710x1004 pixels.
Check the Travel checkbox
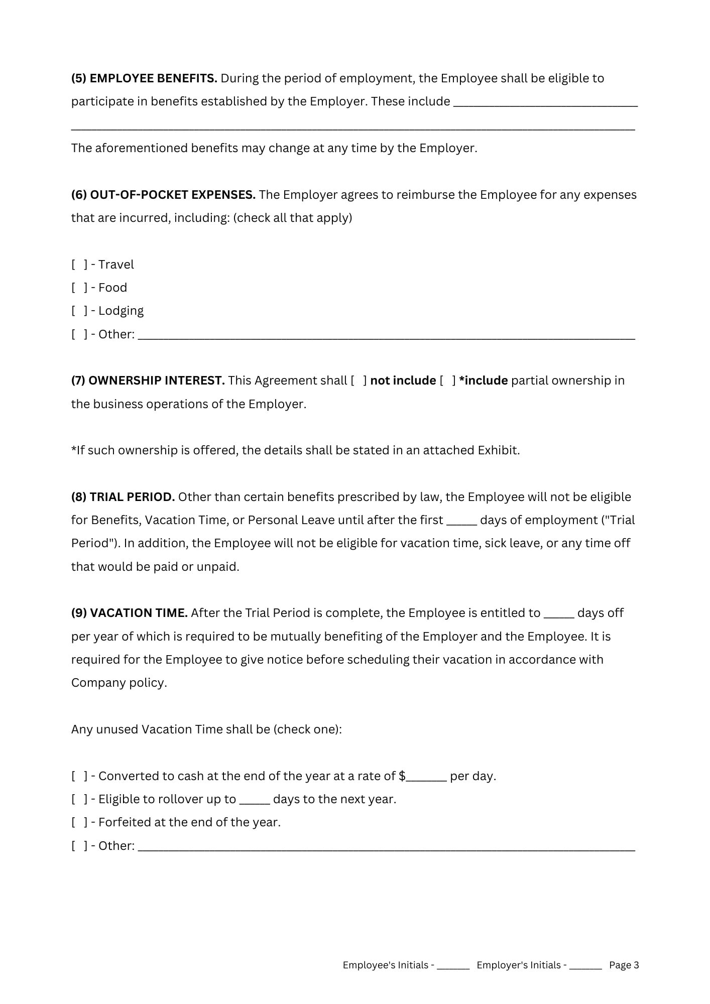coord(79,265)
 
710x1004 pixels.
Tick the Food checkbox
coord(79,288)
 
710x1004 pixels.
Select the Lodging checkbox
coord(79,311)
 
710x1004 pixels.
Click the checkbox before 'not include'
coord(359,381)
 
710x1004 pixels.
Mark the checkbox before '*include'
coord(447,381)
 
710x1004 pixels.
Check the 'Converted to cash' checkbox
coord(79,776)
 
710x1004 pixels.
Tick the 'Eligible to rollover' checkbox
coord(79,799)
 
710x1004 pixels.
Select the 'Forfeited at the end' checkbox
coord(79,822)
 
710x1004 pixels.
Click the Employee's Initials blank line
coord(453,965)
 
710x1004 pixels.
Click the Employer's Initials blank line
coord(585,965)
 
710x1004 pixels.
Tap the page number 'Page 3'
coord(624,965)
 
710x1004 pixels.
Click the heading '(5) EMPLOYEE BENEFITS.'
coord(144,78)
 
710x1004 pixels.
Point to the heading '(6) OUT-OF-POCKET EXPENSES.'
coord(163,195)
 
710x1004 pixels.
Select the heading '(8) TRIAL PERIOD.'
coord(123,497)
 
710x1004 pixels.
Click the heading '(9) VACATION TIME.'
coord(130,613)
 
